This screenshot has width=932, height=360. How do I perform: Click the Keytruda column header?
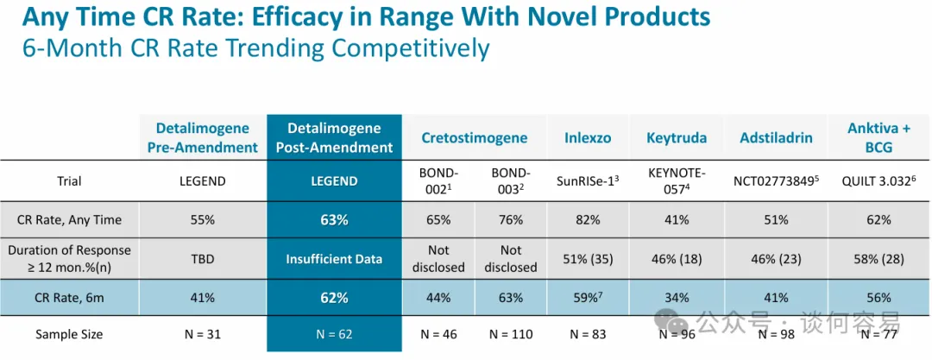point(677,138)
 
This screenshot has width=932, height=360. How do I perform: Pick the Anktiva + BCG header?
point(878,138)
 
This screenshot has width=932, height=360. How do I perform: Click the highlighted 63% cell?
point(334,219)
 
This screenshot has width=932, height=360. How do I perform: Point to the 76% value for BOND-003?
point(510,219)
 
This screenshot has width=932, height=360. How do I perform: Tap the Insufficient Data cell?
point(334,258)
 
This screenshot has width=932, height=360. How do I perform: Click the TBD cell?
point(202,258)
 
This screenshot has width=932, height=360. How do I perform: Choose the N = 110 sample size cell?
point(510,334)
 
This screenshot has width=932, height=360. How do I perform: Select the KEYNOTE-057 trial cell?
point(677,181)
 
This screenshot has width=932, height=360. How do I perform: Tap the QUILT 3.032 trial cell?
point(878,181)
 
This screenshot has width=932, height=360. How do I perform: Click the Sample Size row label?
point(69,334)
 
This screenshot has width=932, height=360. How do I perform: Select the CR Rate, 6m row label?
point(69,298)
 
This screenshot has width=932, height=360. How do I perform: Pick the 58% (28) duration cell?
point(878,258)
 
